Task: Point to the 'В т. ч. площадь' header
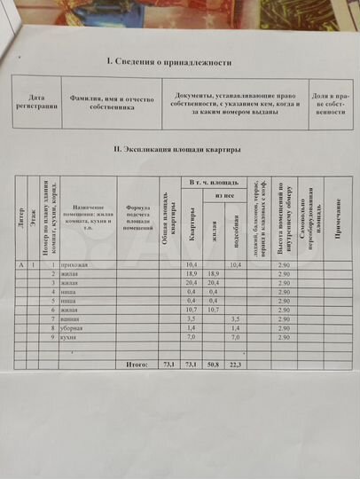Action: pyautogui.click(x=212, y=182)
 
